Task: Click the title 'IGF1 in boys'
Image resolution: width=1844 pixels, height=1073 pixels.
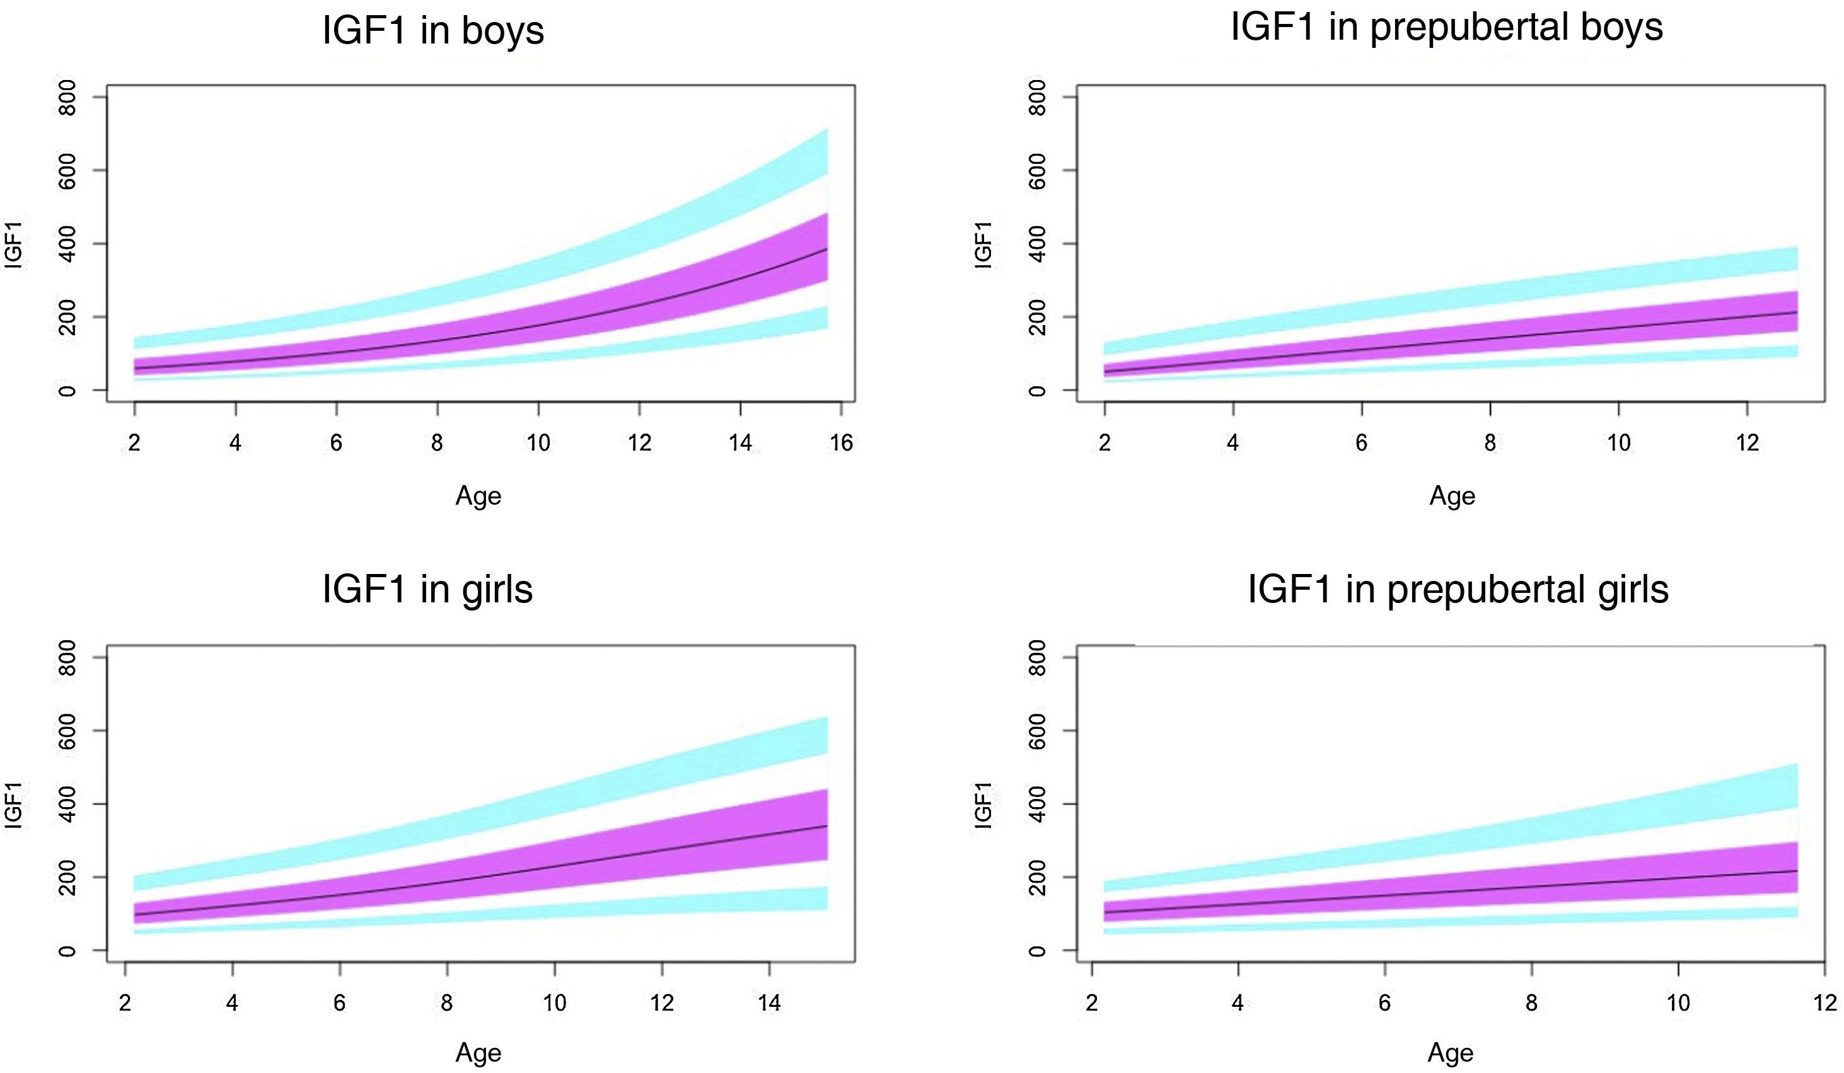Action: tap(433, 32)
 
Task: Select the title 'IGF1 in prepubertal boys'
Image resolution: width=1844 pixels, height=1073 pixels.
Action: tap(1447, 28)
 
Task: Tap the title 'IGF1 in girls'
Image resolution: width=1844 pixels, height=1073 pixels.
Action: tap(427, 590)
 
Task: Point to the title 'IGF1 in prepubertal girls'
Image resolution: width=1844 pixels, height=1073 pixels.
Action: tap(1458, 590)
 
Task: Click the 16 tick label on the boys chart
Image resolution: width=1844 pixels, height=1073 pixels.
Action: tap(842, 442)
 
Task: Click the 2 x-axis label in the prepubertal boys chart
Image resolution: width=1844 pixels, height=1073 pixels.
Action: tap(1105, 442)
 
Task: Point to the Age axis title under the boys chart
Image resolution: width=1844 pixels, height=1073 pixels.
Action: tap(478, 496)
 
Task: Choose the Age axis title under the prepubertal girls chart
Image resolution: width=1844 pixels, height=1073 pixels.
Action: tap(1451, 1053)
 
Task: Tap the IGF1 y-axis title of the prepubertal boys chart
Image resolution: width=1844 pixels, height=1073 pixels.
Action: tap(984, 245)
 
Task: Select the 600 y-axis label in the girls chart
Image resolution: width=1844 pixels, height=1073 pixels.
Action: tap(67, 731)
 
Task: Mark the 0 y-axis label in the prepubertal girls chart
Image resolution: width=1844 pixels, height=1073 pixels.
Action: tap(1038, 951)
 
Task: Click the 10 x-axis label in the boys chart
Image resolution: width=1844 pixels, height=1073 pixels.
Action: tap(538, 442)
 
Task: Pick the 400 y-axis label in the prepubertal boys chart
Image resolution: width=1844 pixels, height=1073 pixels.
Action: tap(1038, 244)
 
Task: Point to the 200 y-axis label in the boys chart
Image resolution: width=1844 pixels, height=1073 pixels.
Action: tap(67, 317)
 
